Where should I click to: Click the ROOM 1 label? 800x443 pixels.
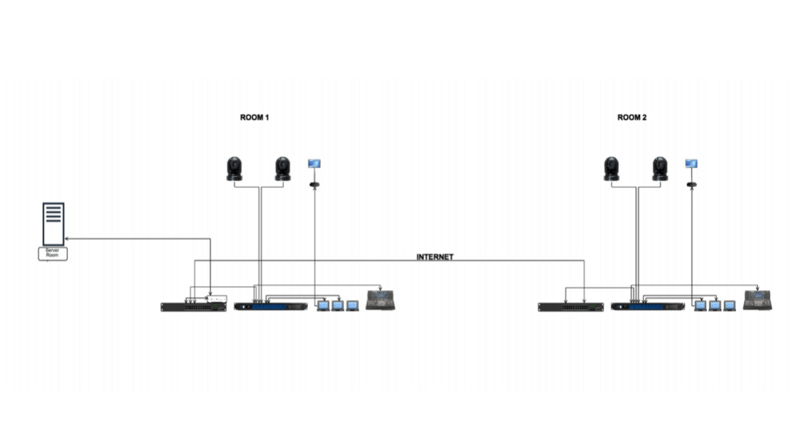[x=254, y=118]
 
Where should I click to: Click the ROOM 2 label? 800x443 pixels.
[x=632, y=118]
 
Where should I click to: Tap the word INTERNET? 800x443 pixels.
[x=435, y=257]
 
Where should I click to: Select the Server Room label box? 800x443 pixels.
[x=52, y=253]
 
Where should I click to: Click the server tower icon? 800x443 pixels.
[x=53, y=224]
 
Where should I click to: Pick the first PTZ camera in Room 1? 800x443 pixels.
[x=234, y=169]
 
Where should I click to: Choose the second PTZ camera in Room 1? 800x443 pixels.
[x=283, y=169]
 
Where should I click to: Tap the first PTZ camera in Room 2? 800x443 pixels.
[x=612, y=169]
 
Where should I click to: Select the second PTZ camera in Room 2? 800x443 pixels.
[x=660, y=169]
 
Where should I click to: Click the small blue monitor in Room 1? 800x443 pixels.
[x=314, y=164]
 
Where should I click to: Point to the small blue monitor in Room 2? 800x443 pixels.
[x=691, y=164]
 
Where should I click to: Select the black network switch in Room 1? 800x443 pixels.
[x=193, y=307]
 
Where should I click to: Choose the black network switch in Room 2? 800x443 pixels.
[x=571, y=307]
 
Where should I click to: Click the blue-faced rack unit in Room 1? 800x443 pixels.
[x=271, y=306]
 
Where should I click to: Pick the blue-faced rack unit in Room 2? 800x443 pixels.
[x=648, y=306]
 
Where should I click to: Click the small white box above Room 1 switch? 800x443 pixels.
[x=216, y=299]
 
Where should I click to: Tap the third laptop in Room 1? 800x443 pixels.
[x=352, y=305]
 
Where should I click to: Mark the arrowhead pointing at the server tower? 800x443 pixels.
[x=67, y=239]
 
